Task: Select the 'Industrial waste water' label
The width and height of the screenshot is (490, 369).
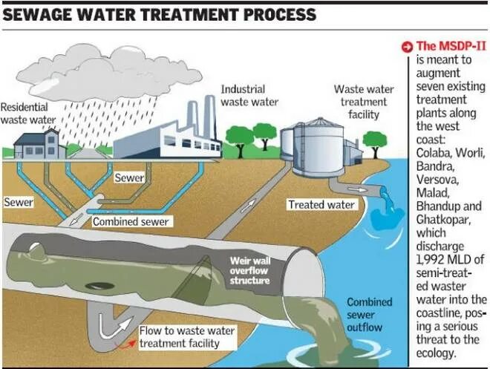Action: pos(249,95)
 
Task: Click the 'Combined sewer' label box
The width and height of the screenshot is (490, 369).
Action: pos(131,221)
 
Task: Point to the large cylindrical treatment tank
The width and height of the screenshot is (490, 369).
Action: pos(316,146)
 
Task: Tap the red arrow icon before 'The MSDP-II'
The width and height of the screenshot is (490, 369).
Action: pos(406,47)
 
